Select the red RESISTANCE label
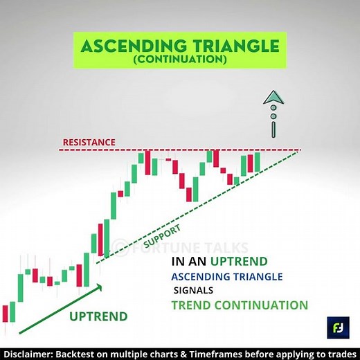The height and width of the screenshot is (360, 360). [x=89, y=142]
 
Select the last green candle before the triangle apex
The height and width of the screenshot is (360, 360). [x=258, y=162]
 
